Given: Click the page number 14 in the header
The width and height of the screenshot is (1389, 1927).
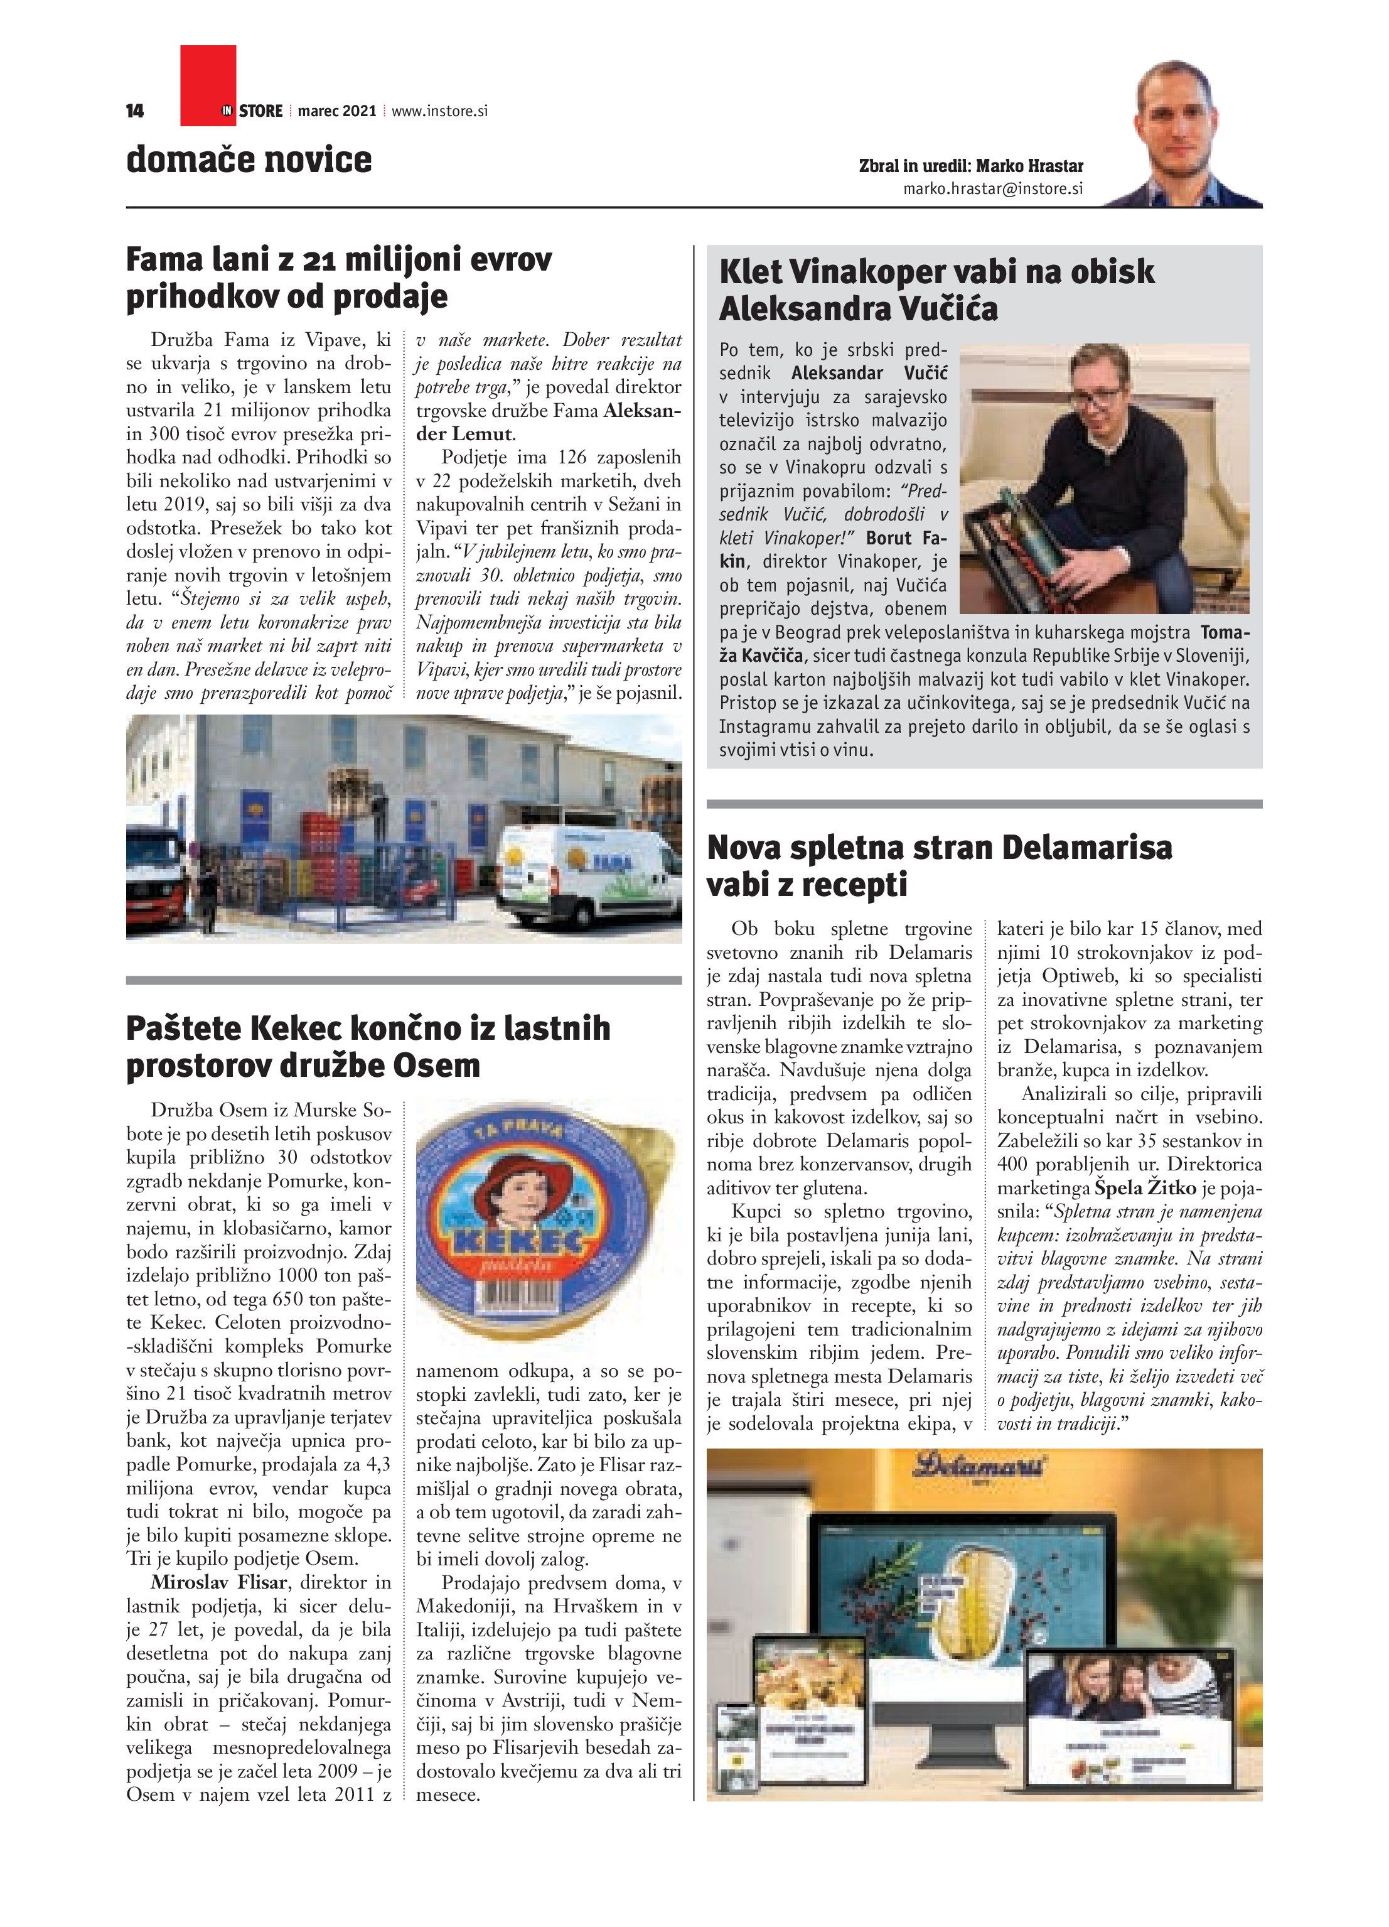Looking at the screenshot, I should (134, 111).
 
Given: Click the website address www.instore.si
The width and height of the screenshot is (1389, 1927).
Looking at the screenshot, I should (439, 111).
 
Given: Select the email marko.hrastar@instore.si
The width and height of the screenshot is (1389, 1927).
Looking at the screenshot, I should (992, 188).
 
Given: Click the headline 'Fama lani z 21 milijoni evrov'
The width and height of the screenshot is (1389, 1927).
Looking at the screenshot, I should (339, 259).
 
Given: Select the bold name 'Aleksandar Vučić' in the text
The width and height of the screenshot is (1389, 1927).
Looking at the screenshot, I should (868, 373).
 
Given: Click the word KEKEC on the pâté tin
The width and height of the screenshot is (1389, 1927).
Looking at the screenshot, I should (520, 1241).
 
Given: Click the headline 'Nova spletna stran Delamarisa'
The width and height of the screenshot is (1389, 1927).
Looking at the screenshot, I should (939, 848).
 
